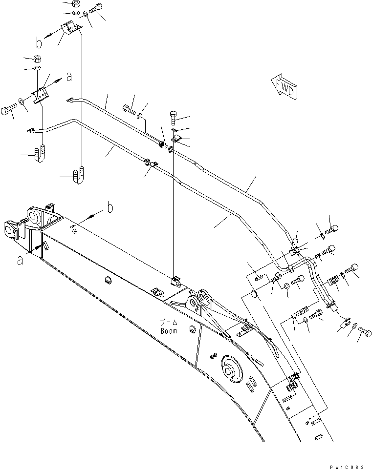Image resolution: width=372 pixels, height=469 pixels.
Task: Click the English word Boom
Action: point(169,330)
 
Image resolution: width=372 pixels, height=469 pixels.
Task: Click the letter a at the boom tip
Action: point(20,261)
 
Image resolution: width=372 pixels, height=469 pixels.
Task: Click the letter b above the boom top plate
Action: point(110,208)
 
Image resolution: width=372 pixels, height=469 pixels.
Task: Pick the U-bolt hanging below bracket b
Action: point(78,175)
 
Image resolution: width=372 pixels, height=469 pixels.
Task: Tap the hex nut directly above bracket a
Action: point(37,59)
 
